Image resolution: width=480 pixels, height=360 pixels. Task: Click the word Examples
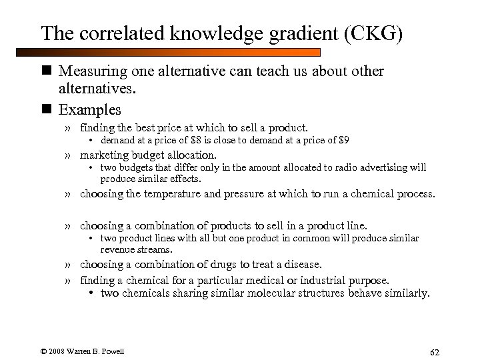pos(90,109)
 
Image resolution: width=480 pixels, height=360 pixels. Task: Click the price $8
pos(198,140)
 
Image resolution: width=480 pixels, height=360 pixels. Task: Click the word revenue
pos(117,249)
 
